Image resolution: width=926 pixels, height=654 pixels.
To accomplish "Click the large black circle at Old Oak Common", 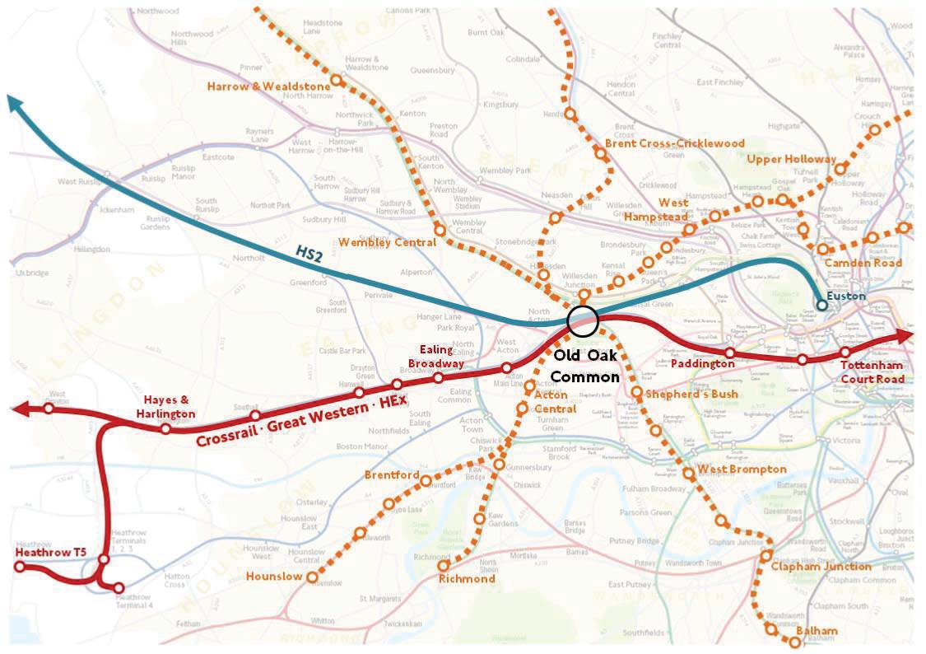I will (x=583, y=320).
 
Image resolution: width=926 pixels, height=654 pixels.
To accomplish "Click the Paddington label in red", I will (x=702, y=363).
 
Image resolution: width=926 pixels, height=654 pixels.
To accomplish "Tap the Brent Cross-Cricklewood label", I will (x=675, y=143).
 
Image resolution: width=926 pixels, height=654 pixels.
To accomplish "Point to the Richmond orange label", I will (x=467, y=579).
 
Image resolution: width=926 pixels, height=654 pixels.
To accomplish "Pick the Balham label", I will (x=817, y=632).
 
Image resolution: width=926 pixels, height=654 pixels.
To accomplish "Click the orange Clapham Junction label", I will (x=821, y=567).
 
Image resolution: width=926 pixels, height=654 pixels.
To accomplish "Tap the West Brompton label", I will (x=742, y=469).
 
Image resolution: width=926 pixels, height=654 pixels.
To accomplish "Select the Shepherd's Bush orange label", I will (x=691, y=394).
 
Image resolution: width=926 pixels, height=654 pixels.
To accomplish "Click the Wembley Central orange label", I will (x=387, y=242).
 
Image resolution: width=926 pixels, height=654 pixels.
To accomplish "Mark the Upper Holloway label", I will (x=791, y=159).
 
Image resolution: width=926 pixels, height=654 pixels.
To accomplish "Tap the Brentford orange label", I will (x=392, y=476).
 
